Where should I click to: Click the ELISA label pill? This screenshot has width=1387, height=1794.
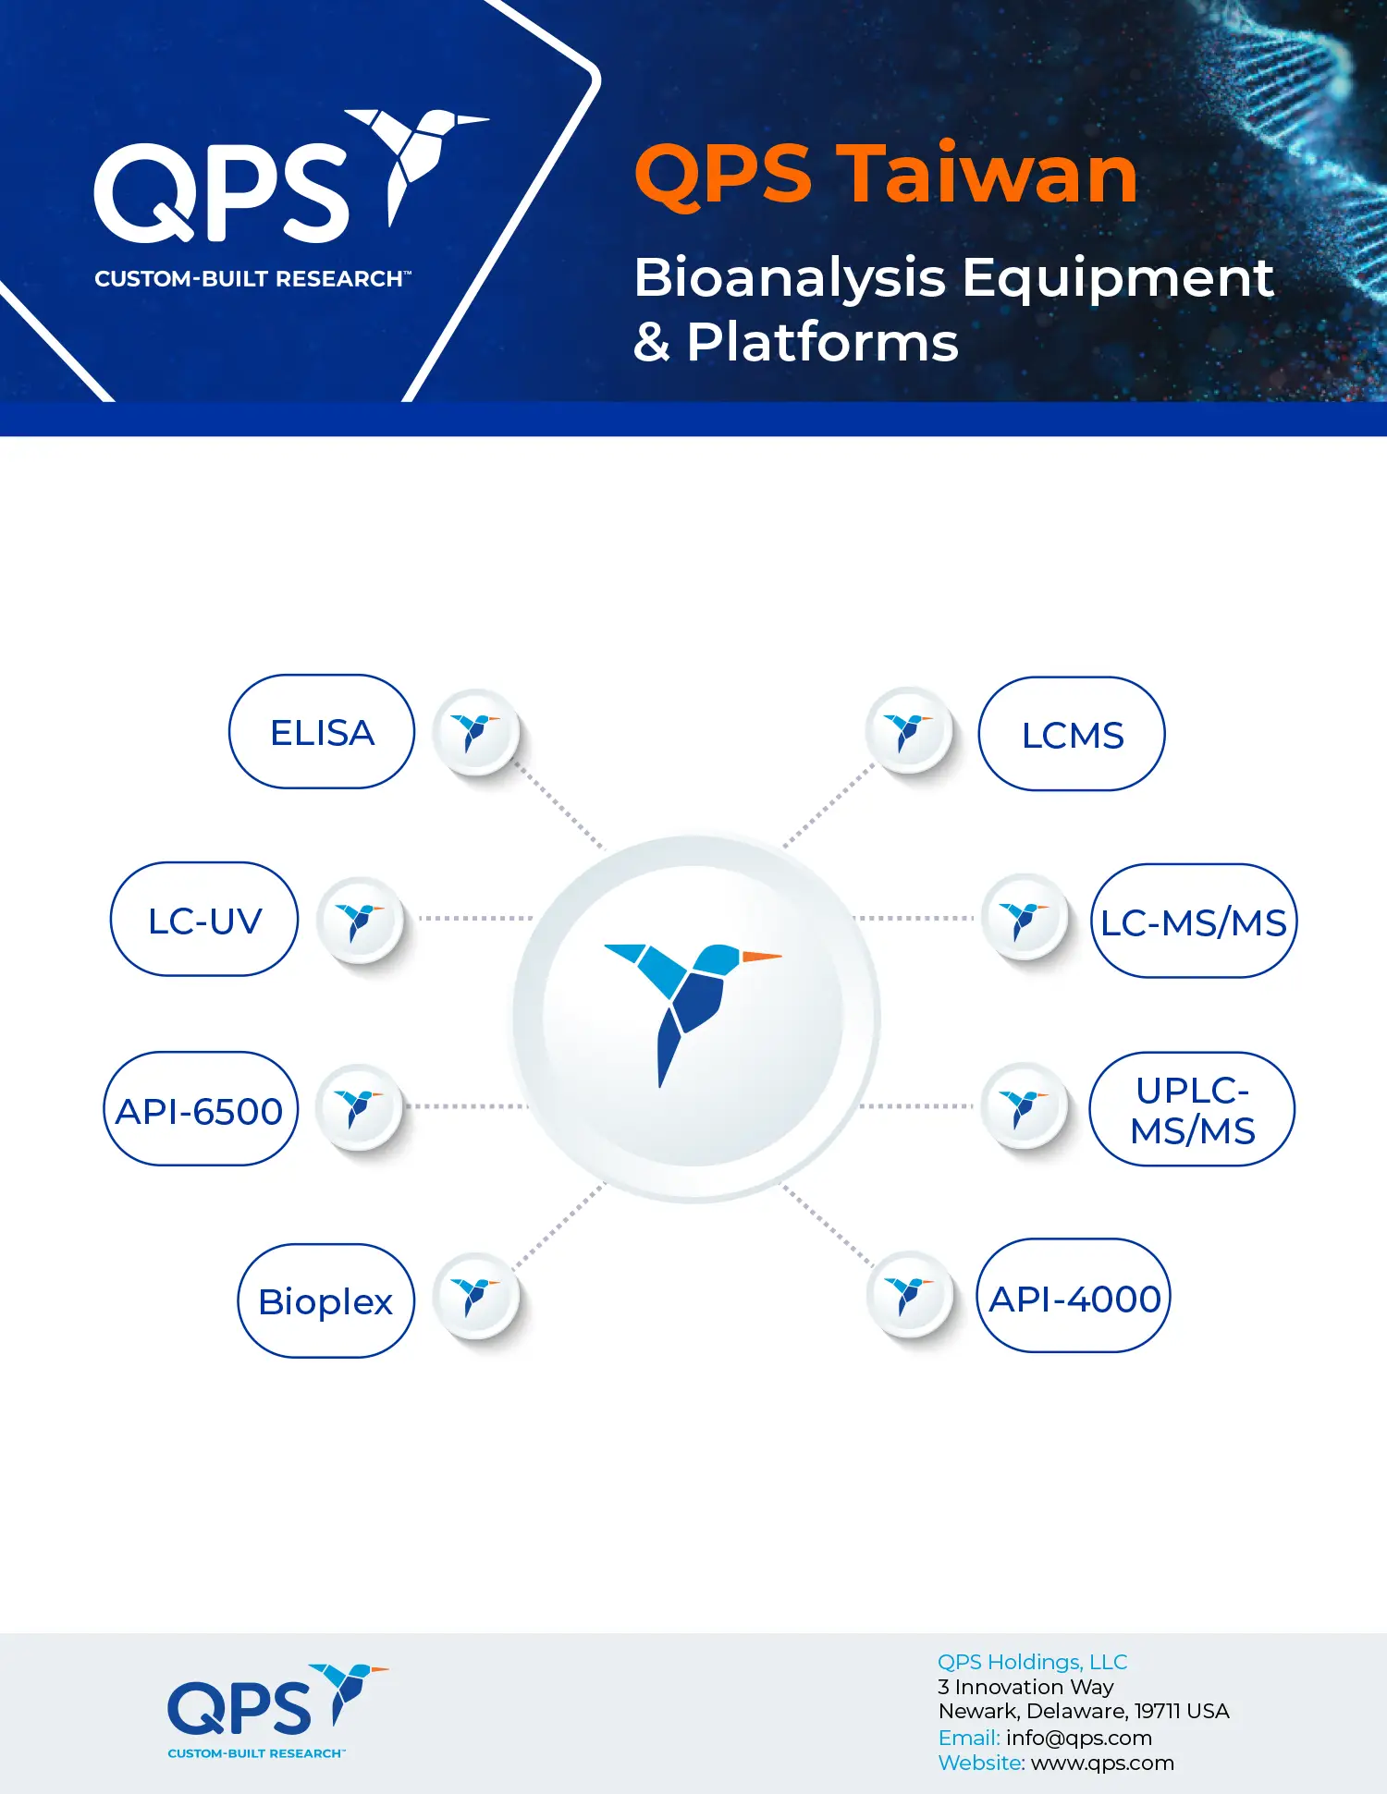[322, 731]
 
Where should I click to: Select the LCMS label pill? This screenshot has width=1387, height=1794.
[1072, 734]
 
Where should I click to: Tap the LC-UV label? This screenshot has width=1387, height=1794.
[204, 920]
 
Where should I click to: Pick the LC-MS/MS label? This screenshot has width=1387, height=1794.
[1194, 921]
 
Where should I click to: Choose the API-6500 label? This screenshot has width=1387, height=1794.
[200, 1109]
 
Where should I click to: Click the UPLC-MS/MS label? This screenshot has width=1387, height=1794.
[1192, 1109]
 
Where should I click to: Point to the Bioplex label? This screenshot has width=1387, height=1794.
[325, 1300]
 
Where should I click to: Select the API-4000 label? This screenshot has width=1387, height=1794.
[1074, 1296]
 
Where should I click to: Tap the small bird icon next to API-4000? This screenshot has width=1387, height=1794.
[910, 1295]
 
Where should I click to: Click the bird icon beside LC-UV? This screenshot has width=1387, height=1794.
[360, 920]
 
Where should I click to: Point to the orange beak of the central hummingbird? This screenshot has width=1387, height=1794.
[761, 957]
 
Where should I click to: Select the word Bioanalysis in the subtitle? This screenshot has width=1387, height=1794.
[790, 279]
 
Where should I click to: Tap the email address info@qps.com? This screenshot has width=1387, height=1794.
[1079, 1738]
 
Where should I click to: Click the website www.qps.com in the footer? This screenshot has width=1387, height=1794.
[1102, 1763]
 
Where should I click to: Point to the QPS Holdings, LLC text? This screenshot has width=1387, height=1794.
[1033, 1662]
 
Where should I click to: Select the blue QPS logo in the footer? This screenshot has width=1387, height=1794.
[277, 1711]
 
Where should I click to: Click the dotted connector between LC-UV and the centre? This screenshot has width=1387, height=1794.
[475, 919]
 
